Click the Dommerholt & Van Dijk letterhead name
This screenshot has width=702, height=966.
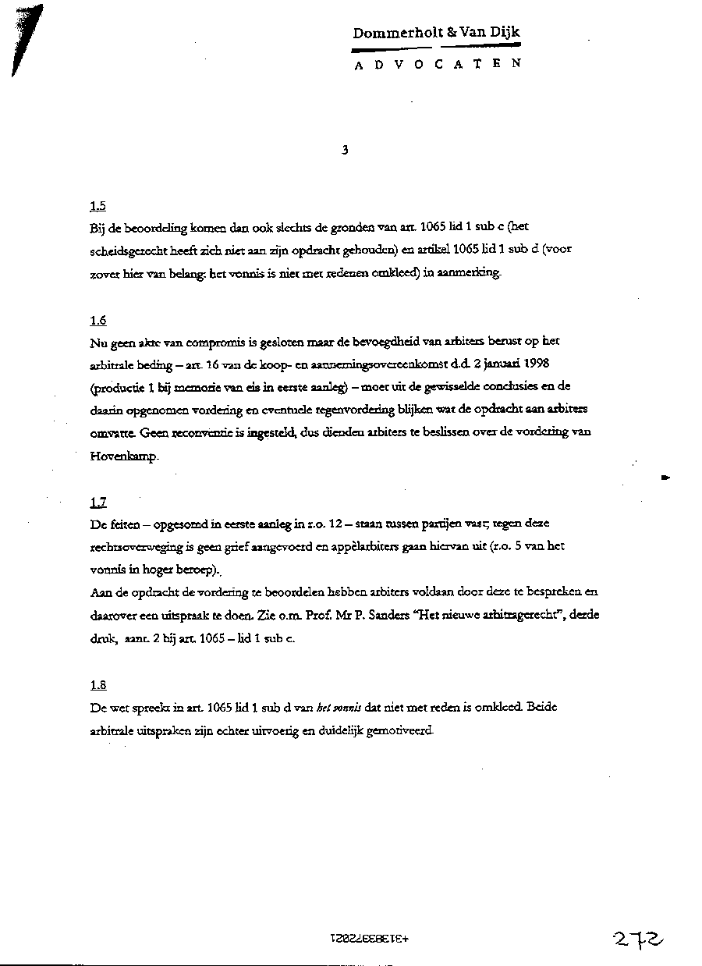(436, 33)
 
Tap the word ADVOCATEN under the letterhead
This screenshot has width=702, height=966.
(438, 66)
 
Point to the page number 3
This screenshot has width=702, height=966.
(345, 151)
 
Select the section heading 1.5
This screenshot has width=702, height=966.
(97, 207)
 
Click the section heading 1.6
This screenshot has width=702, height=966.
(97, 321)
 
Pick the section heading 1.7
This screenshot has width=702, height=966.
(97, 503)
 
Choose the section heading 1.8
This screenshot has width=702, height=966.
(97, 686)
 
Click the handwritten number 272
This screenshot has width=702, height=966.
(639, 939)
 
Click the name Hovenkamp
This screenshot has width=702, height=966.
(123, 457)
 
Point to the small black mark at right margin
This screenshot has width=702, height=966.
(665, 476)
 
